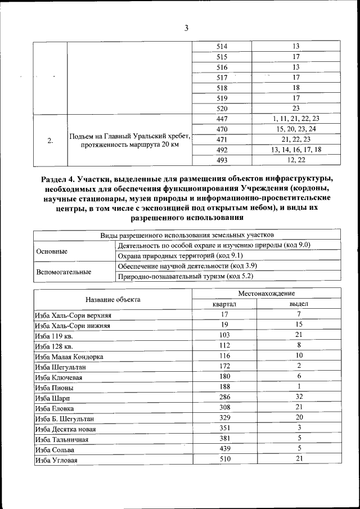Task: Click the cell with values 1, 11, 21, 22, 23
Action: point(296,119)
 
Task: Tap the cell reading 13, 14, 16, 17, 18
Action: point(296,150)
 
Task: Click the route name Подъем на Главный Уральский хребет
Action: point(130,136)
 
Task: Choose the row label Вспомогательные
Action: point(64,272)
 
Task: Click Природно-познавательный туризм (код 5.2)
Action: point(186,276)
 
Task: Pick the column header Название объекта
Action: point(113,299)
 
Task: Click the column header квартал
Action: point(224,304)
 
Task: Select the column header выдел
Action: point(299,304)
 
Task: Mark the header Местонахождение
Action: point(266,294)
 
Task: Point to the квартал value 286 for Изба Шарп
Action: point(224,397)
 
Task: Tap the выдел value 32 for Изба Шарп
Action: point(299,397)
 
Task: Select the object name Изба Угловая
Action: point(56,460)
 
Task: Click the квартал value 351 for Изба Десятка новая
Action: point(224,428)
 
